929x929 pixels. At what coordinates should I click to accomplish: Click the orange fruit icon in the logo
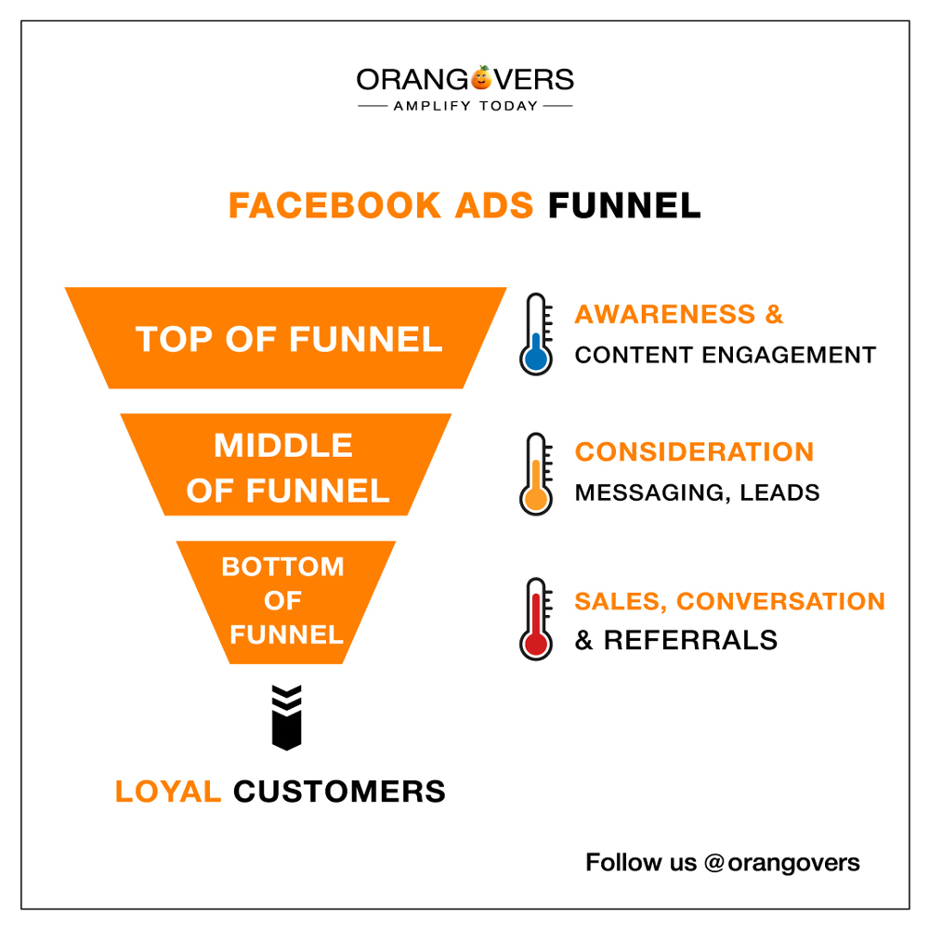coord(481,78)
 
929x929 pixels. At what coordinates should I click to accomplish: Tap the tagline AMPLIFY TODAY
coord(465,106)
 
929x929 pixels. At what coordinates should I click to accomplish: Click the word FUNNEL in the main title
coord(624,205)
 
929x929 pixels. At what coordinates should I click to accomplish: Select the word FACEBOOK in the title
coord(334,205)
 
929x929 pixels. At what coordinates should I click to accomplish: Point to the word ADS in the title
coord(494,205)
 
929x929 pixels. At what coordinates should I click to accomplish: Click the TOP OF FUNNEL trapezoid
coord(285,338)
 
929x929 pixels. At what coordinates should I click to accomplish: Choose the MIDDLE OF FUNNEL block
coord(285,465)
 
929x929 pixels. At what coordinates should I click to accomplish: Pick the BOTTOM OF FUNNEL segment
coord(285,602)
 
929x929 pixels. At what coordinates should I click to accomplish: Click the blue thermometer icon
coord(536,334)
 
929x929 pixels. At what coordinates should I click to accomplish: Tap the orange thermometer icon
coord(536,474)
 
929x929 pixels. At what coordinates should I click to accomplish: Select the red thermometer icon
coord(536,619)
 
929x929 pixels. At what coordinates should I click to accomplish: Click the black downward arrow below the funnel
coord(287,717)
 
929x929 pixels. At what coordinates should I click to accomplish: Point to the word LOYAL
coord(168,792)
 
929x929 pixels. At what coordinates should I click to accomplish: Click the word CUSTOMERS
coord(339,792)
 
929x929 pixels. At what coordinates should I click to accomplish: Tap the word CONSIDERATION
coord(694,452)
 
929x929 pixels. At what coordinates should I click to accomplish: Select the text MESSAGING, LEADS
coord(698,492)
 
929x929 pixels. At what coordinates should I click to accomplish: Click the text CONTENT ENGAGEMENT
coord(726,355)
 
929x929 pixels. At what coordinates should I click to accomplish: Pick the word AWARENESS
coord(665,314)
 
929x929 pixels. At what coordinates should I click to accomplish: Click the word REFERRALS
coord(691,640)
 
